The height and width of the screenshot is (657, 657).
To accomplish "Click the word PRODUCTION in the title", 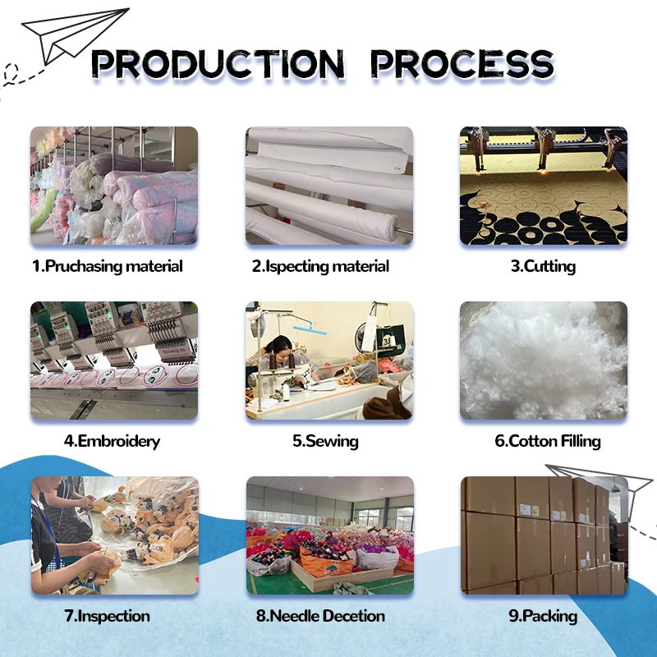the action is pyautogui.click(x=218, y=63).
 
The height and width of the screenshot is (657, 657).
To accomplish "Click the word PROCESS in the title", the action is pyautogui.click(x=462, y=63).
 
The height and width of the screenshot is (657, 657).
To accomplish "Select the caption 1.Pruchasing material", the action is pyautogui.click(x=108, y=266).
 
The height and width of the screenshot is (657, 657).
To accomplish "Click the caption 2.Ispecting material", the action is pyautogui.click(x=321, y=266).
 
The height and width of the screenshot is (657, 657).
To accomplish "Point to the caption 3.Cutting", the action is pyautogui.click(x=543, y=266).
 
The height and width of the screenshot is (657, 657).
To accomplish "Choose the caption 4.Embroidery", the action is pyautogui.click(x=112, y=441).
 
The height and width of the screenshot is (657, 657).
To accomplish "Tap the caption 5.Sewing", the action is pyautogui.click(x=325, y=441).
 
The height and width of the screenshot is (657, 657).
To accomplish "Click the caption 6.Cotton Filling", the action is pyautogui.click(x=547, y=441).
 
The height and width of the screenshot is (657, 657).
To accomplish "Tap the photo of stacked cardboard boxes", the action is pyautogui.click(x=543, y=535).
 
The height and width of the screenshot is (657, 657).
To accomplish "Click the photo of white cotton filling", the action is pyautogui.click(x=543, y=361).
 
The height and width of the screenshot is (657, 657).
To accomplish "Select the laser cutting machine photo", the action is pyautogui.click(x=543, y=186).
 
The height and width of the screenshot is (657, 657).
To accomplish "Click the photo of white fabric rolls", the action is pyautogui.click(x=329, y=186).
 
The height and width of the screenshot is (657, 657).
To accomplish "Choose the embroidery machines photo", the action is pyautogui.click(x=114, y=361).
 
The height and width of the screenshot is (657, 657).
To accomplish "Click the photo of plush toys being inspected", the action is pyautogui.click(x=114, y=535).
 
